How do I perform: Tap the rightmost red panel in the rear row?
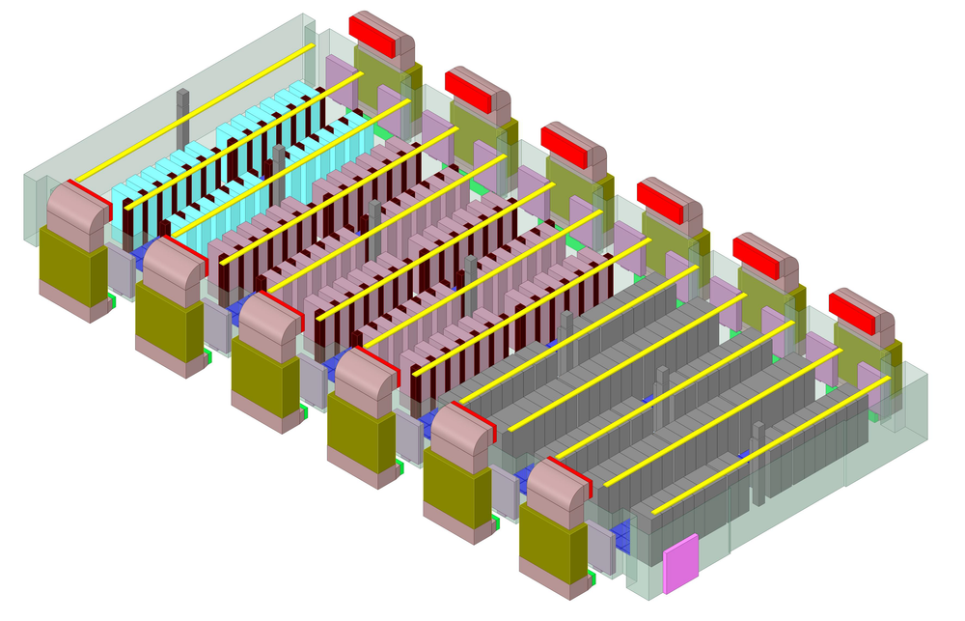(856, 311)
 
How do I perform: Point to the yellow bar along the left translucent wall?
(193, 112)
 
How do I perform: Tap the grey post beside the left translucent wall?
(181, 108)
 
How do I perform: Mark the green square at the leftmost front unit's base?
(112, 302)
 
